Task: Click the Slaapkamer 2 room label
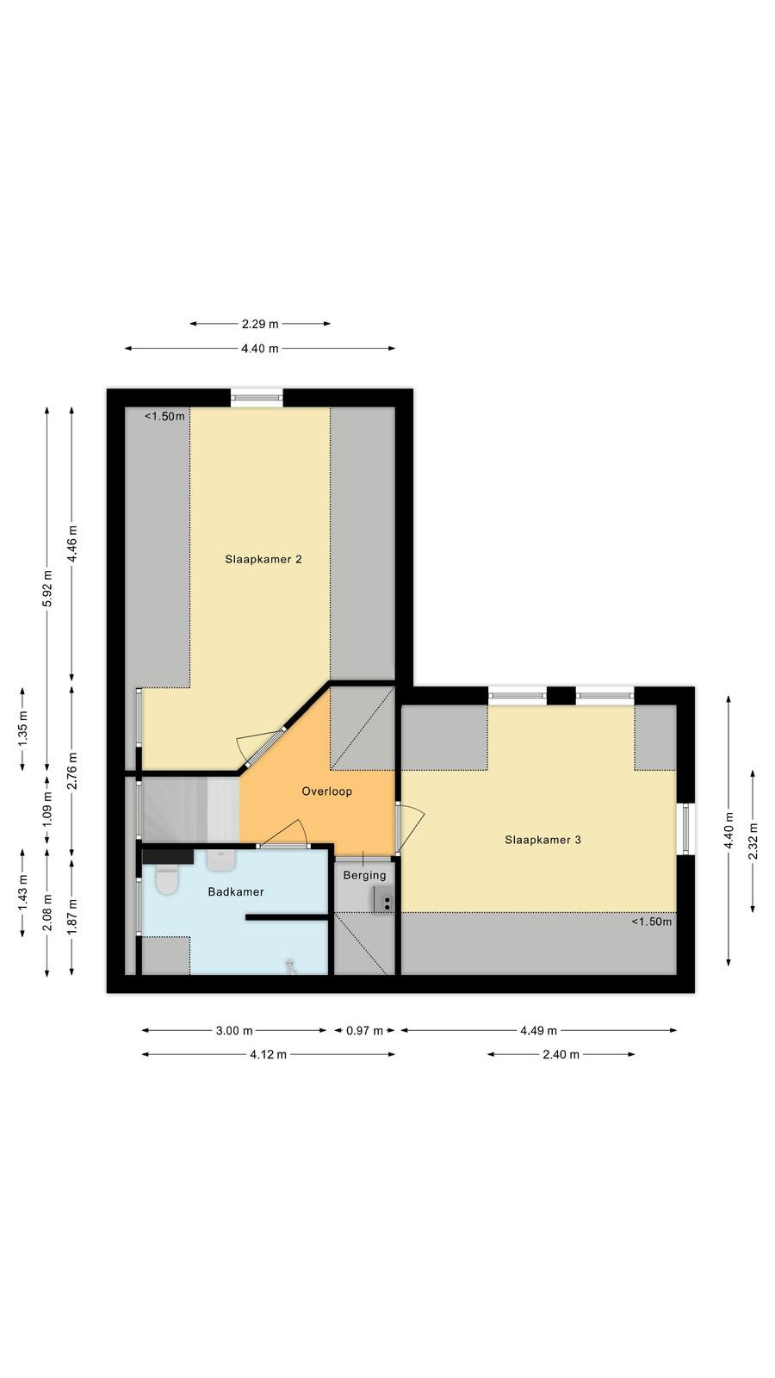pyautogui.click(x=263, y=559)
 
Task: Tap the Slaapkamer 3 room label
pyautogui.click(x=542, y=840)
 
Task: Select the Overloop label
pyautogui.click(x=326, y=791)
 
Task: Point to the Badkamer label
pyautogui.click(x=236, y=891)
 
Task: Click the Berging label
pyautogui.click(x=365, y=875)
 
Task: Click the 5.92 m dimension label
pyautogui.click(x=47, y=588)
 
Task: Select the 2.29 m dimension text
pyautogui.click(x=259, y=324)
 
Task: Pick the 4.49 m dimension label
pyautogui.click(x=539, y=1030)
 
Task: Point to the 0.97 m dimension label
pyautogui.click(x=365, y=1030)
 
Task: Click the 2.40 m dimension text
pyautogui.click(x=561, y=1054)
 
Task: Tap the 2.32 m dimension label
pyautogui.click(x=753, y=841)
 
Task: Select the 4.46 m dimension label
pyautogui.click(x=72, y=543)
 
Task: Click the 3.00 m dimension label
pyautogui.click(x=234, y=1030)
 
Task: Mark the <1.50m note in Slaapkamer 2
pyautogui.click(x=164, y=417)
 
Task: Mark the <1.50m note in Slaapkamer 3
pyautogui.click(x=651, y=922)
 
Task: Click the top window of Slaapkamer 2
pyautogui.click(x=257, y=398)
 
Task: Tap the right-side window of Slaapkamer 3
pyautogui.click(x=686, y=829)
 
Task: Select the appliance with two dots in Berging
pyautogui.click(x=383, y=900)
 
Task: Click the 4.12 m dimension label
pyautogui.click(x=268, y=1054)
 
